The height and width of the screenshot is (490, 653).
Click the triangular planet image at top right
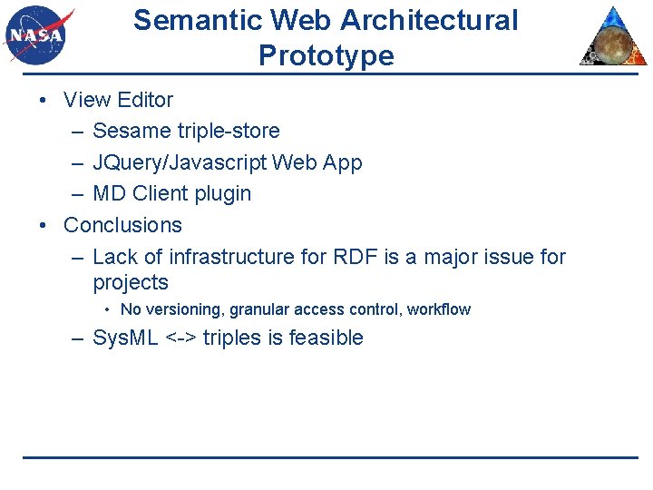[613, 38]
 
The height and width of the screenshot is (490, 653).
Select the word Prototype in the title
[326, 56]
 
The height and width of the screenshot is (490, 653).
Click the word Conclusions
[122, 225]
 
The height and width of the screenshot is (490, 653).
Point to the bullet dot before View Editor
[44, 100]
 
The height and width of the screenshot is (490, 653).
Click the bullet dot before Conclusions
[44, 225]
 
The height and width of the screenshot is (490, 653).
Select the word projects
[131, 282]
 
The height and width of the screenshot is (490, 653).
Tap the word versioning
[184, 309]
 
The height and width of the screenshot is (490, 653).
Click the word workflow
[438, 309]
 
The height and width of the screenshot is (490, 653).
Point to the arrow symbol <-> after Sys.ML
[180, 338]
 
